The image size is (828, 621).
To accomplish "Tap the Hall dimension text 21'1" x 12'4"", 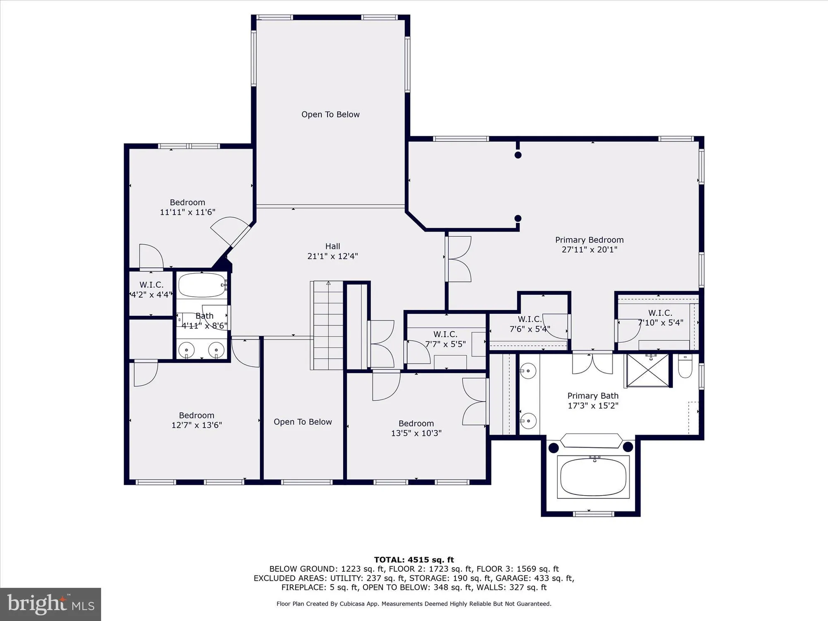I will (332, 256).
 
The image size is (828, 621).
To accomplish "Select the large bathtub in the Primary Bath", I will (593, 477).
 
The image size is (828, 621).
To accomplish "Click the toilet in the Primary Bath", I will (685, 366).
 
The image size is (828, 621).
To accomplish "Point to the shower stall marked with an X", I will (648, 370).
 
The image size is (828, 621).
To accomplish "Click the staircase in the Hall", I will (328, 325).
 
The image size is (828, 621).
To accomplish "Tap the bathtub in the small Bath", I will (202, 285).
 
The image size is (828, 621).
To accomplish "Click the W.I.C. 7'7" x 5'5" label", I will (445, 339).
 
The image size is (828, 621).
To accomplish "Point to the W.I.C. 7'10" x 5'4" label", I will (660, 318).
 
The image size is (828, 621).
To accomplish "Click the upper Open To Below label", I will (330, 115).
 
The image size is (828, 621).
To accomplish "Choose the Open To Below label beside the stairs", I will (303, 422).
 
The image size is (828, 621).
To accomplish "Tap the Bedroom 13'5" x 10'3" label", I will (416, 428).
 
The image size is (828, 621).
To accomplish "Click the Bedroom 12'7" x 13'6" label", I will (197, 420).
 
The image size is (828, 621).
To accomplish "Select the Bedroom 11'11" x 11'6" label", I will (188, 207).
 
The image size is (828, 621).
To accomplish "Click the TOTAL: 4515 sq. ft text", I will (414, 560).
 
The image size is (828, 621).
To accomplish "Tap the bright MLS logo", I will (51, 604).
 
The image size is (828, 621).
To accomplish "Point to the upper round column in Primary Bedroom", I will (518, 155).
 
